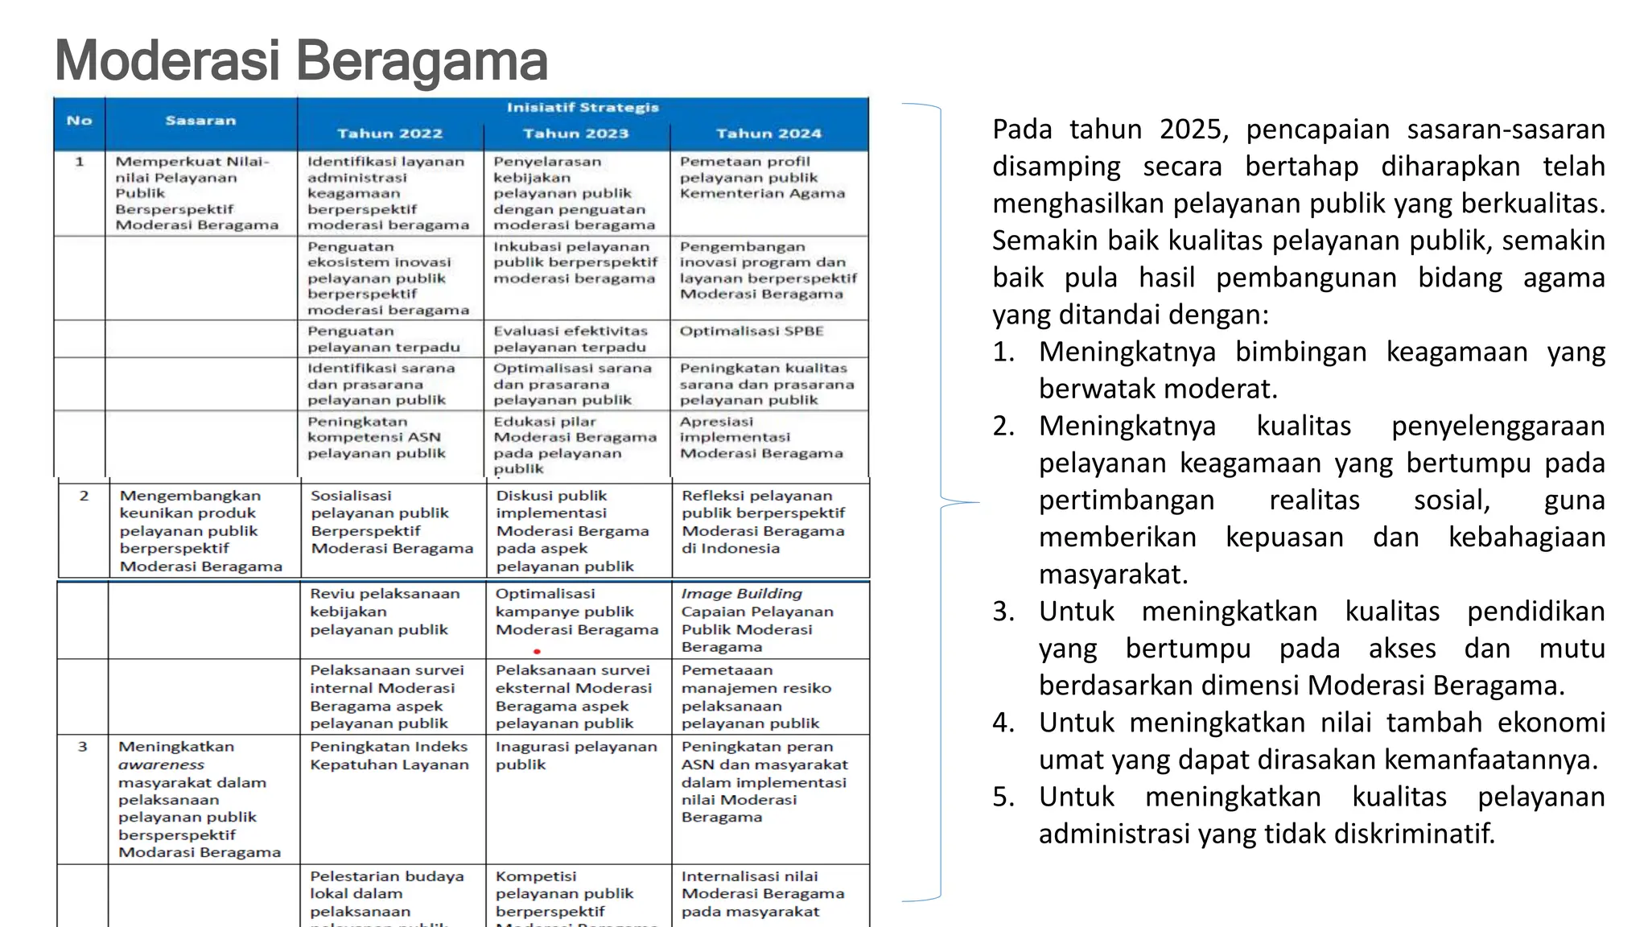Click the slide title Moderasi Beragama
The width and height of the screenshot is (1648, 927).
coord(301,61)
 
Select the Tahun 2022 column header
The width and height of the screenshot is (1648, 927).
coord(389,134)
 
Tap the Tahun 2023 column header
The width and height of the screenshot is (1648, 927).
coord(575,134)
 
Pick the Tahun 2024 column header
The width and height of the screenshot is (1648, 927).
coord(768,134)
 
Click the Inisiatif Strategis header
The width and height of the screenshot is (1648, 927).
coord(583,108)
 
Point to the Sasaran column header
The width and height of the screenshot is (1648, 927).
coord(200,121)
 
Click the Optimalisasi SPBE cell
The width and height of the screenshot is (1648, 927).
coord(752,332)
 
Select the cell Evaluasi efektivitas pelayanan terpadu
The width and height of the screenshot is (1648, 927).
coord(571,339)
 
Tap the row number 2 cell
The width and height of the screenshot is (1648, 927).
coord(84,496)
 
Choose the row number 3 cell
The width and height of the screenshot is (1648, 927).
coord(82,747)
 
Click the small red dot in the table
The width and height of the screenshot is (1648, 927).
coord(537,652)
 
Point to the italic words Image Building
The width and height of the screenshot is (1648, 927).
coord(741,594)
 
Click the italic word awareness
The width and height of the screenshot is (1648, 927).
coord(161,764)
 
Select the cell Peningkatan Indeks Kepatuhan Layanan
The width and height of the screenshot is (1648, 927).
coord(389,756)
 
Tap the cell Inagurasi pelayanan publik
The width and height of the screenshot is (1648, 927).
coord(575,756)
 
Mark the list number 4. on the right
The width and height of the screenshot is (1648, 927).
coord(1003,723)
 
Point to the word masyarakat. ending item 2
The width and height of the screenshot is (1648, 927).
coord(1113,575)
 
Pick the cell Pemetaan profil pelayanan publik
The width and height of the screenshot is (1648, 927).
coord(761,178)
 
